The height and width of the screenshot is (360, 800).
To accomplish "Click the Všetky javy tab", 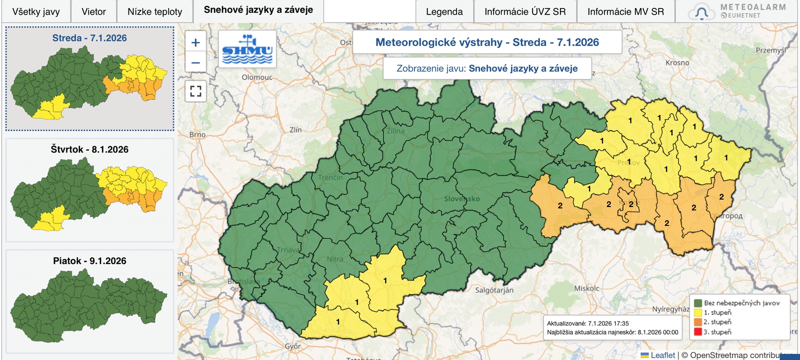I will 36,11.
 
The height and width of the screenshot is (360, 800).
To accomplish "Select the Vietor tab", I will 93,11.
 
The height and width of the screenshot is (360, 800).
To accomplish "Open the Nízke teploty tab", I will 154,11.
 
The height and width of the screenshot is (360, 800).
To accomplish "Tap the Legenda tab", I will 444,11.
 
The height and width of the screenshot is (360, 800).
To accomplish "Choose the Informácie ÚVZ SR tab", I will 525,11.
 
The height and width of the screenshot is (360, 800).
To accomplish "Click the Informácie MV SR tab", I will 625,11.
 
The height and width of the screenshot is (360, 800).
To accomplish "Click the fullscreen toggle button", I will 195,91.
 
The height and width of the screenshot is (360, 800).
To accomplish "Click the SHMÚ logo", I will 247,49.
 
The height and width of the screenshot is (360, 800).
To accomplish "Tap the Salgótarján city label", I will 494,290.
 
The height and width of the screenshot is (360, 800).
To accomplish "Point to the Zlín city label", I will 295,129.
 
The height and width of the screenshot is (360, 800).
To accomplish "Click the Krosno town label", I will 677,62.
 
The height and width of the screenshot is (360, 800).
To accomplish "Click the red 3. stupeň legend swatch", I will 697,332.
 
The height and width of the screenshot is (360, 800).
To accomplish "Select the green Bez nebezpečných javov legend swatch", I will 697,303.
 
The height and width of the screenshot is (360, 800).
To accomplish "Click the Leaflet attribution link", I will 662,355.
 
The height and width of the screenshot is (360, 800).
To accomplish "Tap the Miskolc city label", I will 586,288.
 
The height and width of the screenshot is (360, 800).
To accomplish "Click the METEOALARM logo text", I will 752,7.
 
